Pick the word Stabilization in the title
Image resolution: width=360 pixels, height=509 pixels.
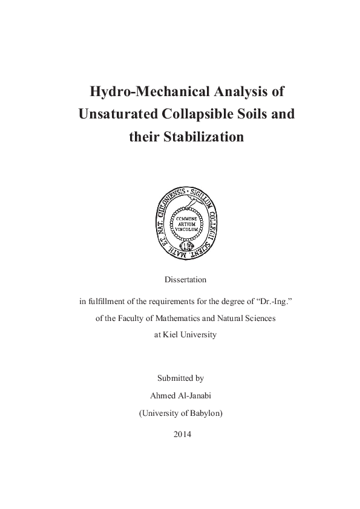204,137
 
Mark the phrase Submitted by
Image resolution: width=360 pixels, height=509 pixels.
180,378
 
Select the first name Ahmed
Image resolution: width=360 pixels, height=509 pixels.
161,396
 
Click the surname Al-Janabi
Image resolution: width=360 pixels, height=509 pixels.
195,396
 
